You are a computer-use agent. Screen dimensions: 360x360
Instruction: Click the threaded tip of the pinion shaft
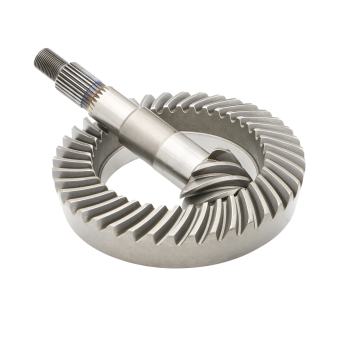[48, 62]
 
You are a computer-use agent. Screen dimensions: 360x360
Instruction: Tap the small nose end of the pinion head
[240, 200]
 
